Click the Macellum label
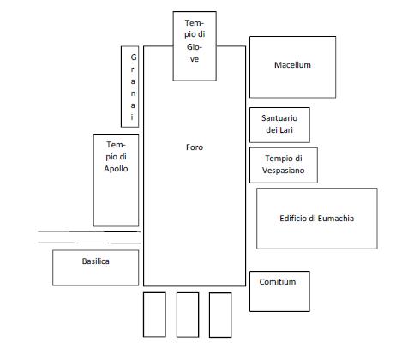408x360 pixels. [292, 65]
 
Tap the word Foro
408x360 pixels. [195, 147]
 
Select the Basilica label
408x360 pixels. [96, 261]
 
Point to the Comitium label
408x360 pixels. [278, 282]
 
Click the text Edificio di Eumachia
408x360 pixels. [317, 219]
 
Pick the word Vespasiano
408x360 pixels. [284, 171]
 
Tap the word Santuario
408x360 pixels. [279, 118]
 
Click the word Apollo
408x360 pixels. [116, 169]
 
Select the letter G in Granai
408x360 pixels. [134, 57]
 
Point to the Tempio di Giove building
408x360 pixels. [195, 46]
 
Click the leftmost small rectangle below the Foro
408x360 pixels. [154, 315]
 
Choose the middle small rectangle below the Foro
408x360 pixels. [188, 315]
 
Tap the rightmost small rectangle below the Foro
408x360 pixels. [220, 315]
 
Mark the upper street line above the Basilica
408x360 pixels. [89, 231]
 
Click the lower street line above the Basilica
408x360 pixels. [89, 243]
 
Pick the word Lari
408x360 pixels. [286, 130]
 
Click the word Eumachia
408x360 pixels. [336, 219]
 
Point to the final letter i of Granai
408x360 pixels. [132, 117]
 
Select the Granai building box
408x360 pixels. [129, 87]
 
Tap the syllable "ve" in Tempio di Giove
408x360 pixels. [195, 59]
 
